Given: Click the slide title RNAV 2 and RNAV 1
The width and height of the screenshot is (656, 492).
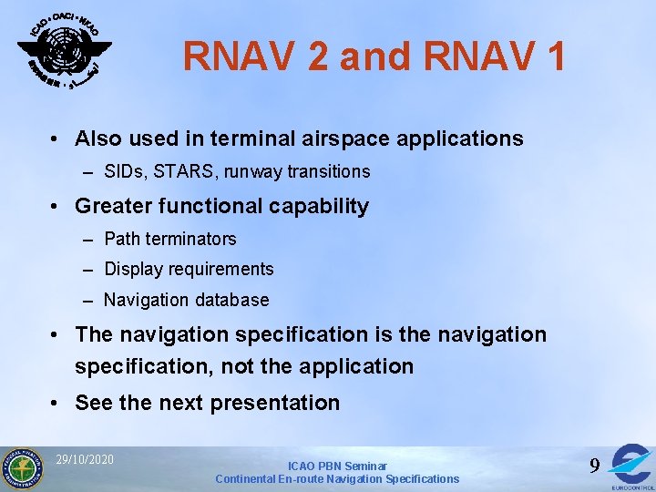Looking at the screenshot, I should click(374, 56).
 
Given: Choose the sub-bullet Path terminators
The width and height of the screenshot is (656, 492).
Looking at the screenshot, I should click(169, 239).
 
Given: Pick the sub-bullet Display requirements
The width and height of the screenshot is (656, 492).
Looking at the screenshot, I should click(189, 269).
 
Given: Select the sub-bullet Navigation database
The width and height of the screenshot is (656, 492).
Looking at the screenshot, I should click(186, 300).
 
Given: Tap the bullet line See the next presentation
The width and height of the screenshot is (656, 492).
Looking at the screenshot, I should click(207, 403).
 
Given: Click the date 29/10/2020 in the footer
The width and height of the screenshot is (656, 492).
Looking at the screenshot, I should click(85, 459).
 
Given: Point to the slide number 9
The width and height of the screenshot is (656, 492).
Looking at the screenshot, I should click(594, 466).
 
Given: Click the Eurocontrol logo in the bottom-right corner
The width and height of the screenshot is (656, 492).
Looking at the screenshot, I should click(631, 466).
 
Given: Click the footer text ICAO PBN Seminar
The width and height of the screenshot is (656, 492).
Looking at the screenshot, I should click(337, 466).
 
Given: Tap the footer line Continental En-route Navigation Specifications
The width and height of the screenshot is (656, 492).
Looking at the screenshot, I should click(337, 479).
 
